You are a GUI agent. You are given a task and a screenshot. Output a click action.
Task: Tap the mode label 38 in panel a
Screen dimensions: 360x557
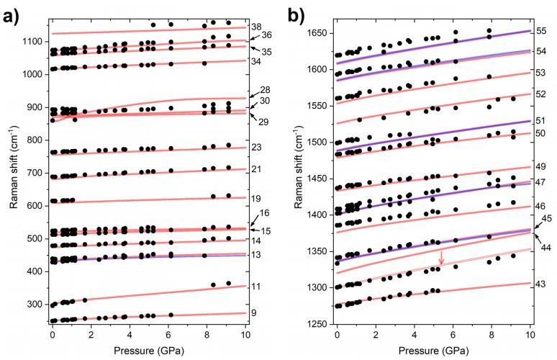coord(255,27)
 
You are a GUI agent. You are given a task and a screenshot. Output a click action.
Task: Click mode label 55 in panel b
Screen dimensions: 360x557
coord(540,32)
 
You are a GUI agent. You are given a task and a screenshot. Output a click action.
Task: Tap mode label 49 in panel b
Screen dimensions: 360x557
coord(540,167)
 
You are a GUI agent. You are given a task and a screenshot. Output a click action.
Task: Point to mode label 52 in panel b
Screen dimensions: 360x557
coord(540,94)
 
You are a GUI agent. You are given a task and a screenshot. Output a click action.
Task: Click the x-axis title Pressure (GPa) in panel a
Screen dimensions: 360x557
coord(148,351)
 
